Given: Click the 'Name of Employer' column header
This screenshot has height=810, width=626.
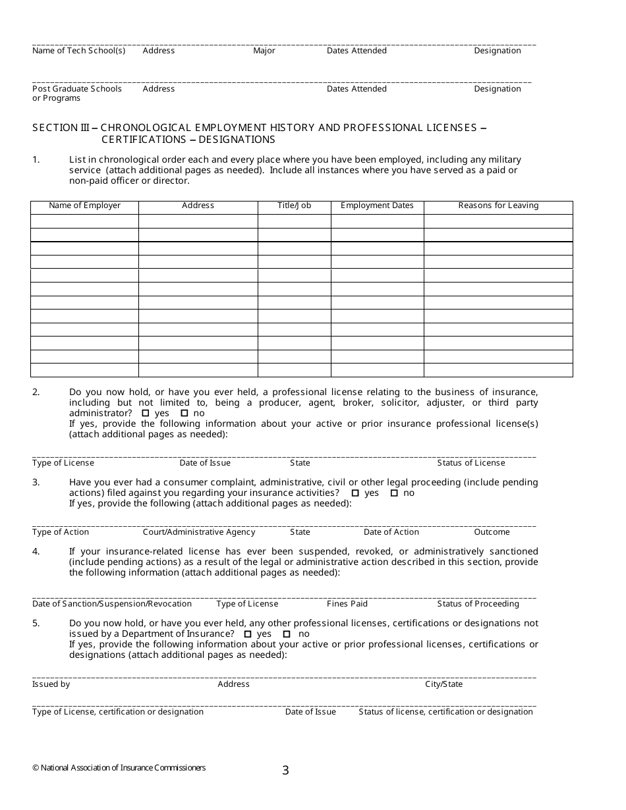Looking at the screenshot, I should (x=84, y=205).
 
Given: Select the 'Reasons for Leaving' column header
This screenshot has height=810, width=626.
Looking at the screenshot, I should (x=498, y=205).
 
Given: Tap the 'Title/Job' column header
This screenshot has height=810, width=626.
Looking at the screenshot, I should (x=294, y=205).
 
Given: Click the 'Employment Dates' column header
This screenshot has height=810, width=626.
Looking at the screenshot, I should (x=377, y=205).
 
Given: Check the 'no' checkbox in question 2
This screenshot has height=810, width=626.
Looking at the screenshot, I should (x=184, y=414).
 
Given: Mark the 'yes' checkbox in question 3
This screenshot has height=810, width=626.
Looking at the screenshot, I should (x=355, y=493).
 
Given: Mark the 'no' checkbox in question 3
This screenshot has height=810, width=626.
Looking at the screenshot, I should (x=394, y=493).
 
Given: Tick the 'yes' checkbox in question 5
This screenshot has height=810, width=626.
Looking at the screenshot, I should (x=248, y=634).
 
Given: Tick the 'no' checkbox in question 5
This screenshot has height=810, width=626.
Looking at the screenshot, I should (x=287, y=634).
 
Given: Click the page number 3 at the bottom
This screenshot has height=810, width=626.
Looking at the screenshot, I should (x=285, y=770).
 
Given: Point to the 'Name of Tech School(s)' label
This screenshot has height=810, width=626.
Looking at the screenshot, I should (x=78, y=51).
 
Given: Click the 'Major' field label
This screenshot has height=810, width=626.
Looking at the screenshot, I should (x=264, y=51).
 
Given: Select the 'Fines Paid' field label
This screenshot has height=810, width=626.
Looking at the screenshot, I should (x=347, y=604).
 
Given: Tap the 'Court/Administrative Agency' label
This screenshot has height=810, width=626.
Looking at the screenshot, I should (x=199, y=532).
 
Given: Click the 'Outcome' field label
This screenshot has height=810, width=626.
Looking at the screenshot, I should (x=492, y=532).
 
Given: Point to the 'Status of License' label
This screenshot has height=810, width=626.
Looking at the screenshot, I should (x=471, y=463).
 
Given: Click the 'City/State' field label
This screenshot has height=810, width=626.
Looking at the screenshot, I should (x=443, y=684).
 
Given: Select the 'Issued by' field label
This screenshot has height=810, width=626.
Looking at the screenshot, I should (x=51, y=684).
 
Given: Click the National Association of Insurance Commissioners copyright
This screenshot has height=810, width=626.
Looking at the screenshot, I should (x=119, y=768).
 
